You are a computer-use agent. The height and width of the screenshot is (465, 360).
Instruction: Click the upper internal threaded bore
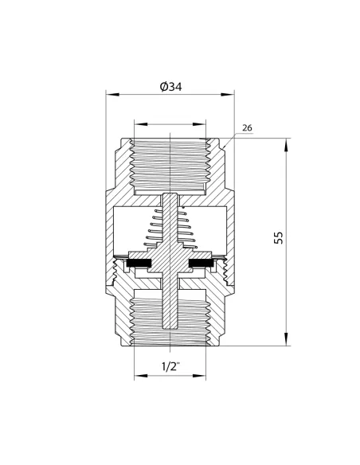point(171,163)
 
